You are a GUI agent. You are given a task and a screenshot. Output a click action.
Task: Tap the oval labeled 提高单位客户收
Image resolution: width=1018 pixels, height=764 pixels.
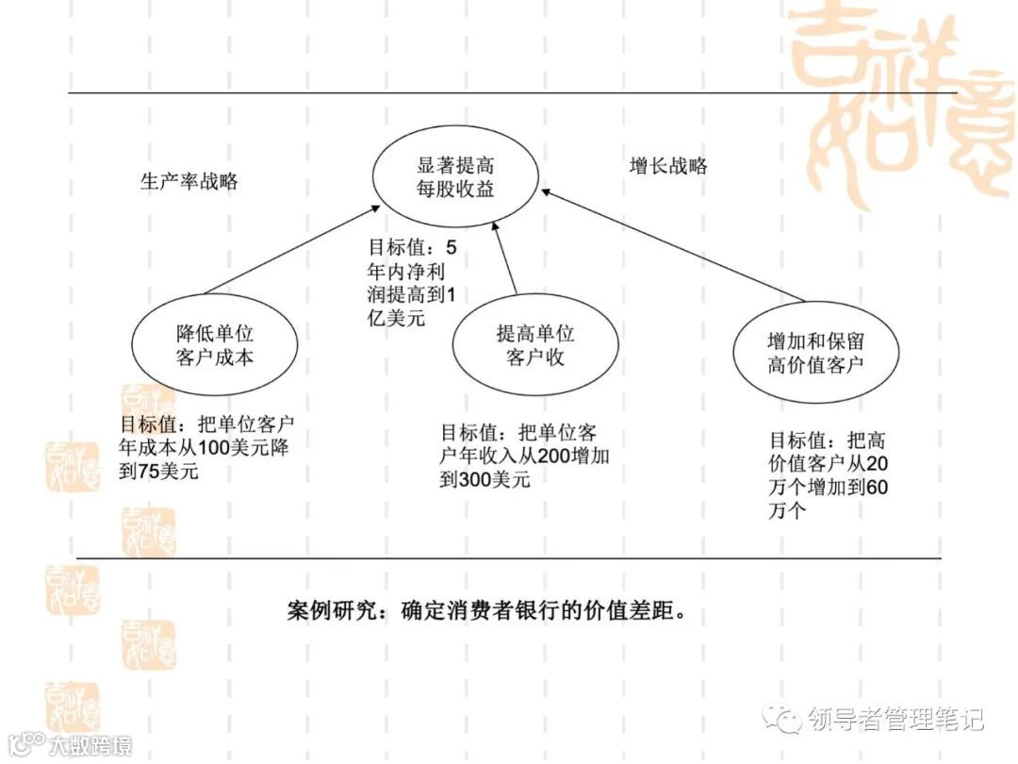tap(534, 345)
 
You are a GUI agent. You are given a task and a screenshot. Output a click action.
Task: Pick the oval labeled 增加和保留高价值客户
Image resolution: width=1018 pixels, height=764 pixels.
tap(814, 352)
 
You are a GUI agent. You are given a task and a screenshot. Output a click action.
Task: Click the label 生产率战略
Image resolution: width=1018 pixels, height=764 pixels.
tap(189, 182)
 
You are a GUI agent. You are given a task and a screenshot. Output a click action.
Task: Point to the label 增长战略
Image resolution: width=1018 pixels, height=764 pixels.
tap(668, 166)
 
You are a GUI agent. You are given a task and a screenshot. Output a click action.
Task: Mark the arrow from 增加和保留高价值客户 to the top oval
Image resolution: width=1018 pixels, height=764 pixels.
tap(660, 249)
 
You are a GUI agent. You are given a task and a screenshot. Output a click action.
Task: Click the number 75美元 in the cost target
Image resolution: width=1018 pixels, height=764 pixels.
tap(159, 471)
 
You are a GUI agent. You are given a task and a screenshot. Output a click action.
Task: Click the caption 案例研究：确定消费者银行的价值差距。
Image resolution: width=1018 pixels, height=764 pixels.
tap(484, 610)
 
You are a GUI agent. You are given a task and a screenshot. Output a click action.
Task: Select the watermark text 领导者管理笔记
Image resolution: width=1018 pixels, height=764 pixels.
tap(895, 720)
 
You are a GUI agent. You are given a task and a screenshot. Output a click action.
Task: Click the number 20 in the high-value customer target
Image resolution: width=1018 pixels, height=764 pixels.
tap(876, 464)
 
